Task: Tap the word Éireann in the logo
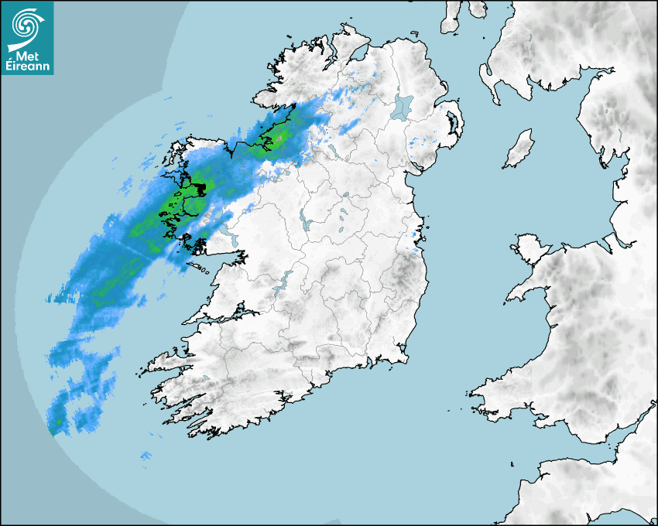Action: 28,67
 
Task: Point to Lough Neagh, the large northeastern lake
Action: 403,106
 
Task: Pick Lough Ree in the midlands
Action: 302,225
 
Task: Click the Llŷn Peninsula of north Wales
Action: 527,290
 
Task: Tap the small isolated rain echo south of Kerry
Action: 145,457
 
